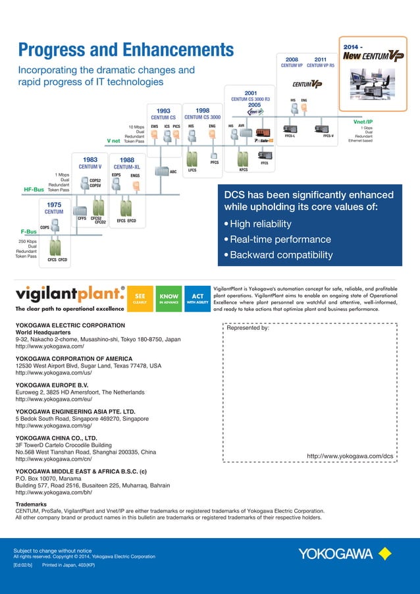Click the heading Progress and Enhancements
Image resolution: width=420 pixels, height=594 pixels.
coord(126,49)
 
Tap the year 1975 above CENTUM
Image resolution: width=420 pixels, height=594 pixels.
coord(54,205)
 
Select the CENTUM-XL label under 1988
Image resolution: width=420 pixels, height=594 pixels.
coord(127,167)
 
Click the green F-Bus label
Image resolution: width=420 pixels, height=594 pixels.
coord(26,232)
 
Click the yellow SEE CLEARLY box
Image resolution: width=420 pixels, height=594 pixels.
coord(140,299)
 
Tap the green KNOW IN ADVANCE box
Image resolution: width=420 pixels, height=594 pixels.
coord(169,299)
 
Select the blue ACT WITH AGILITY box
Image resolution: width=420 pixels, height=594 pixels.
coord(197,299)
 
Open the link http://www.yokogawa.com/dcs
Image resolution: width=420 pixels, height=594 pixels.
coord(350,456)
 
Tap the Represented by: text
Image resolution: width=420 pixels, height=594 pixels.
coord(248,328)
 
